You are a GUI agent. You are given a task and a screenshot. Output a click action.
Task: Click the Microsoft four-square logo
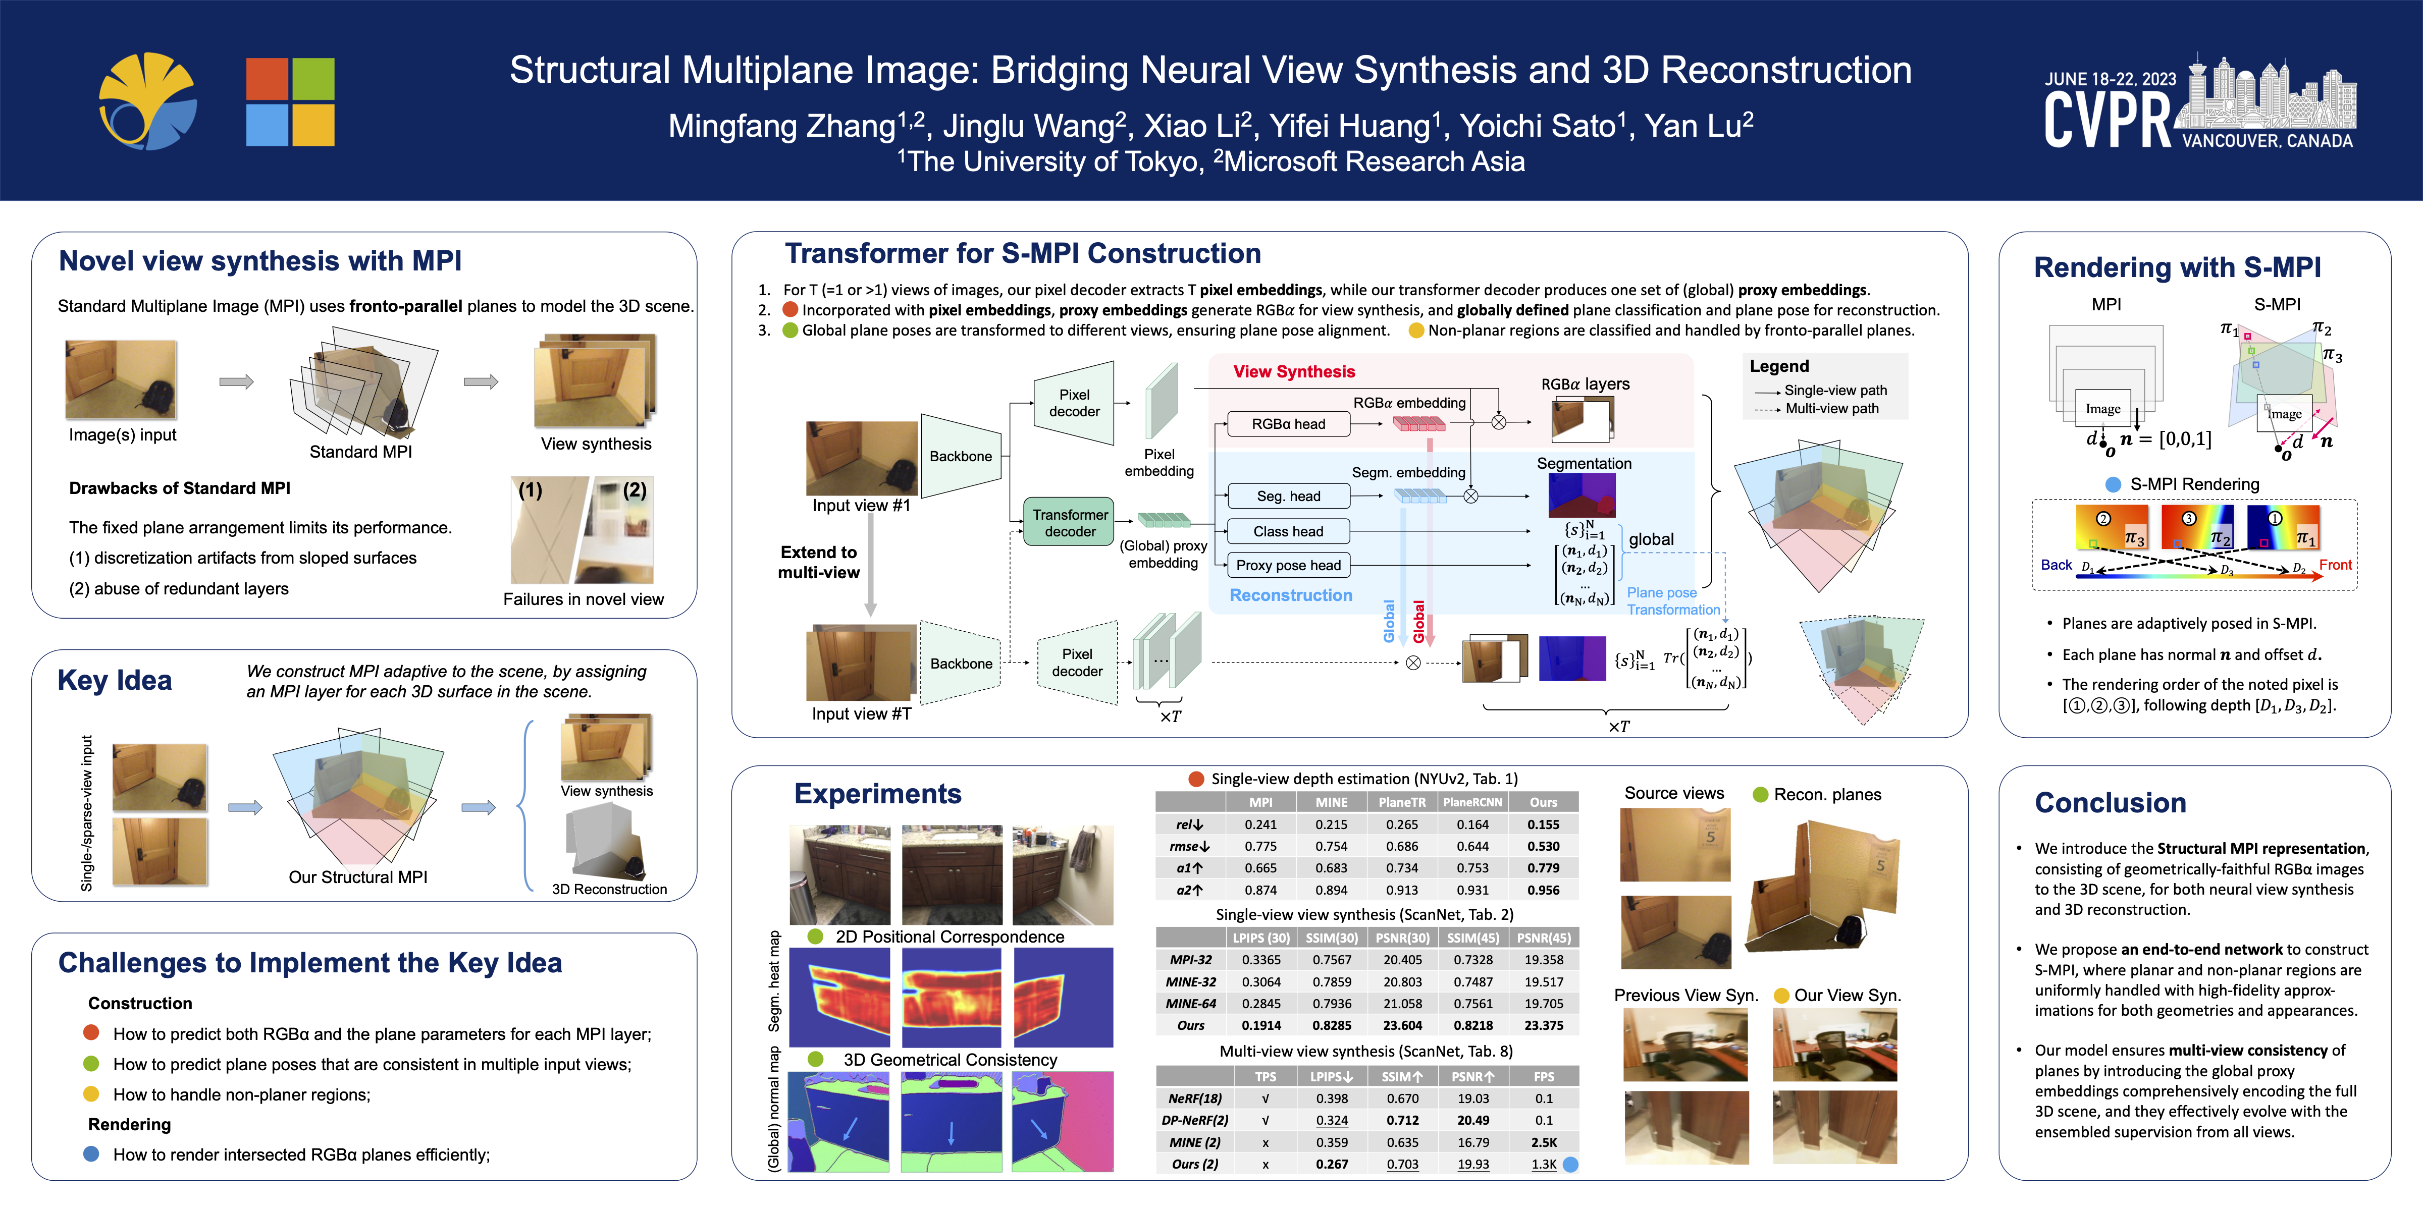pos(290,101)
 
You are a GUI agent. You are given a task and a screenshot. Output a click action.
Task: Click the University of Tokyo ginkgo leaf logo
pos(148,101)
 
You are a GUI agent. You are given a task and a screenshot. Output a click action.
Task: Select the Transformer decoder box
pos(1070,523)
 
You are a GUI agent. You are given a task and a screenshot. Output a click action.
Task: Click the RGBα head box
pos(1288,424)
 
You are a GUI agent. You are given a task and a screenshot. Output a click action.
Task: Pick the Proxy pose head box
pos(1288,565)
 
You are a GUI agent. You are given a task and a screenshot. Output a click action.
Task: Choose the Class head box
pos(1288,531)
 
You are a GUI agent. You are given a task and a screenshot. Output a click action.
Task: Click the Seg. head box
pos(1288,496)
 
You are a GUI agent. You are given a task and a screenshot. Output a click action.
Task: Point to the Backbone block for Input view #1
pos(960,456)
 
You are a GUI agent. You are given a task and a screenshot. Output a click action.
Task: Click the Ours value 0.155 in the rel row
pos(1543,824)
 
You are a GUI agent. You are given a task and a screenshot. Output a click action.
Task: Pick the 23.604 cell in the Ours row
pos(1402,1026)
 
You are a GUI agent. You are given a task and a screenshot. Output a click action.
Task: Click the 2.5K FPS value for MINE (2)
pos(1544,1142)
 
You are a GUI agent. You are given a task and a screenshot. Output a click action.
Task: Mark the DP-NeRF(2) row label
pos(1191,1121)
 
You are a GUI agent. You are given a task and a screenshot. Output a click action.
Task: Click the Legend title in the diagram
pos(1779,366)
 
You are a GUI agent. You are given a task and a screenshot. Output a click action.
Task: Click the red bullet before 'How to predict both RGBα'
pos(91,1032)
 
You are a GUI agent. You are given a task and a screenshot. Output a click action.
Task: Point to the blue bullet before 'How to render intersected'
pos(91,1153)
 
